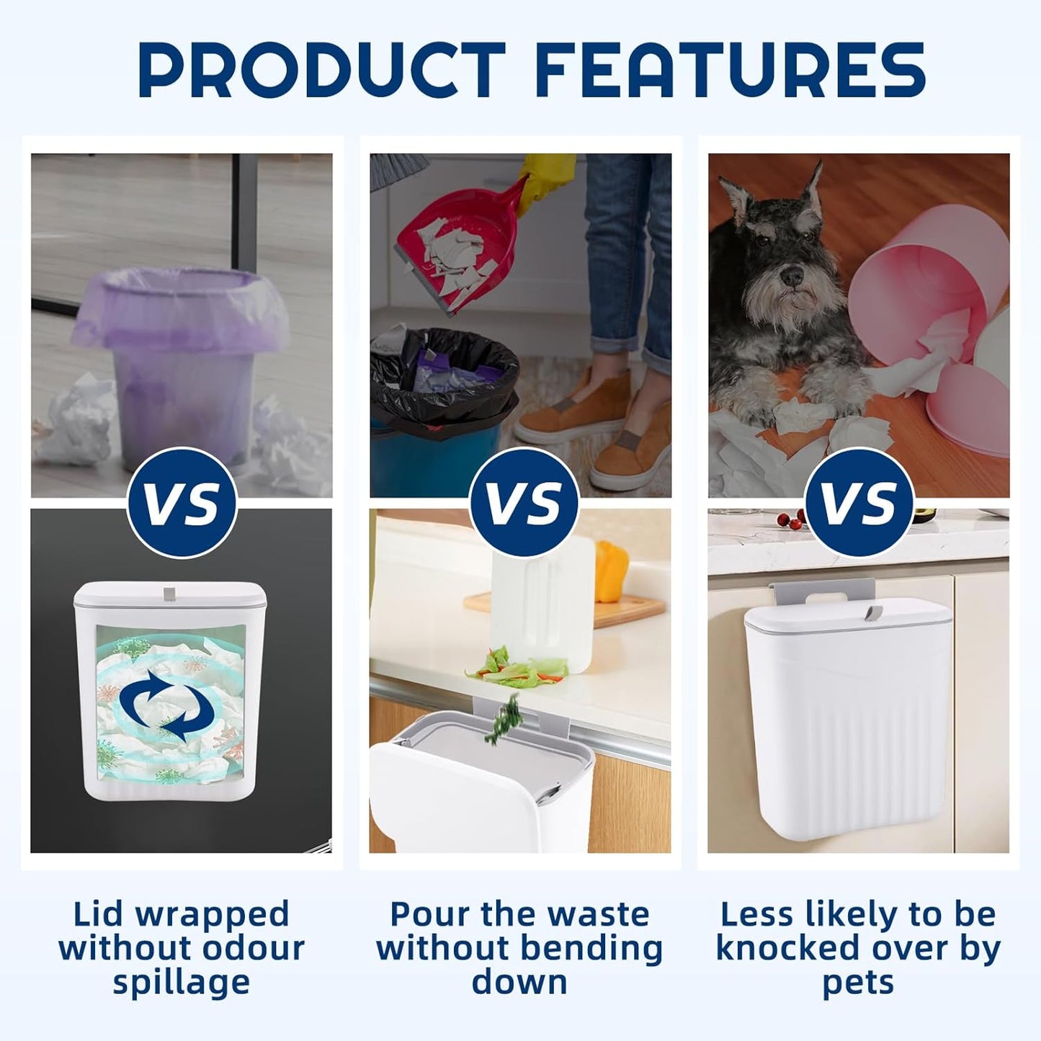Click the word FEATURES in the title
tap(732, 70)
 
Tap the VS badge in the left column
tap(182, 501)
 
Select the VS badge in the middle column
tap(523, 501)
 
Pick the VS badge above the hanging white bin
tap(859, 501)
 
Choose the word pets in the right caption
tap(858, 983)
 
